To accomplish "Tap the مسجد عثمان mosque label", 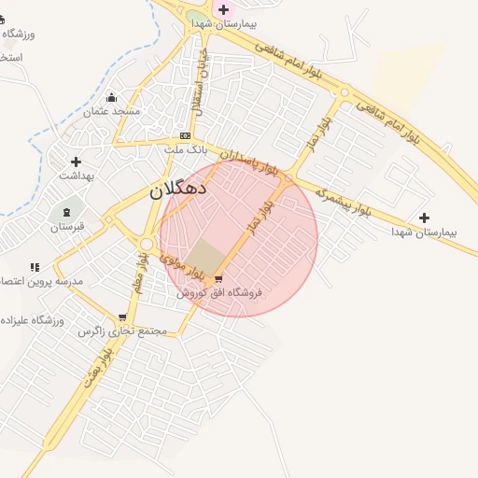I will coord(112,112).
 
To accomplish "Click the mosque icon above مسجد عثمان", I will coord(112,98).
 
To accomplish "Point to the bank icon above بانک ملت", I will coord(185,136).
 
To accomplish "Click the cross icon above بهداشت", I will coord(76,162).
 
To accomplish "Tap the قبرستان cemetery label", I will coord(67,226).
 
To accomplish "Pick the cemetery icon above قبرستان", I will coord(67,213).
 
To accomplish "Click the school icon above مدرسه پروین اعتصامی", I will coord(35,267).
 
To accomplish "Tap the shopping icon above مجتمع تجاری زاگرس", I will coord(122,318).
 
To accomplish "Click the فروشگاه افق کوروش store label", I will coord(219,293).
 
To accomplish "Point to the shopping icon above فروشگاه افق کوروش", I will coord(218,279).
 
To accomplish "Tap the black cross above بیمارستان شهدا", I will coord(425,218).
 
